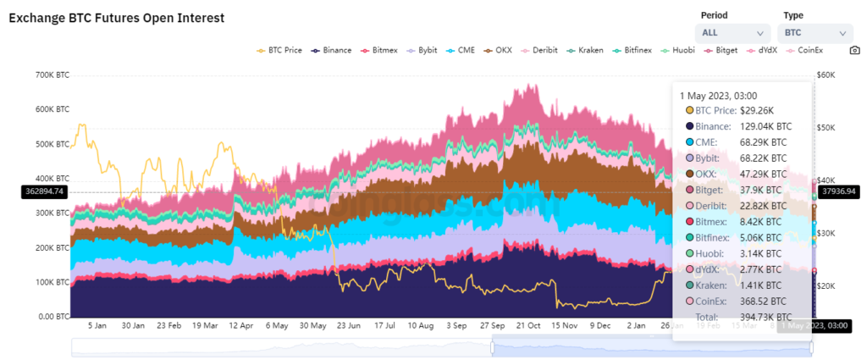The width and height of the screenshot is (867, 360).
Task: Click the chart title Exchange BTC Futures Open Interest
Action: pos(116,18)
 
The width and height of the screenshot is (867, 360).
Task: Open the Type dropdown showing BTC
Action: pos(814,33)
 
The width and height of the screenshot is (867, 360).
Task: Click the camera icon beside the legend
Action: pos(854,50)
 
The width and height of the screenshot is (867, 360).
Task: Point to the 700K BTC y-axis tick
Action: pos(52,75)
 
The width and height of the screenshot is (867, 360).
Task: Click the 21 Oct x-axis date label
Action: pos(528,325)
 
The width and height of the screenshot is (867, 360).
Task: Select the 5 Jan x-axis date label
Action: pos(97,325)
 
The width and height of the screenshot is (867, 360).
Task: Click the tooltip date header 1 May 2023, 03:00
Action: pos(718,96)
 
